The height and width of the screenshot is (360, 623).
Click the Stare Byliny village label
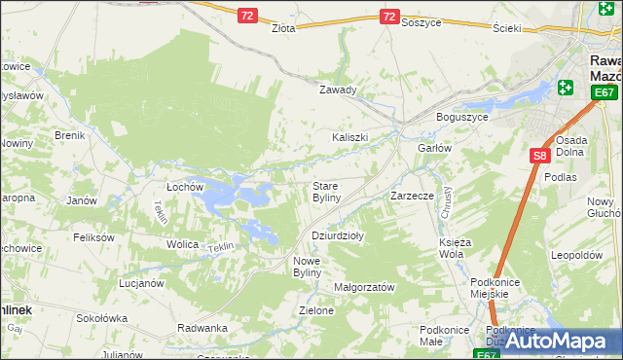pyautogui.click(x=325, y=191)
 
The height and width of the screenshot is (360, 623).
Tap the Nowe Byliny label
pyautogui.click(x=313, y=267)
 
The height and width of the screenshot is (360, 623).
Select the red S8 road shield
pyautogui.click(x=540, y=155)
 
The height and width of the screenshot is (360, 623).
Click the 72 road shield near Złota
pyautogui.click(x=248, y=16)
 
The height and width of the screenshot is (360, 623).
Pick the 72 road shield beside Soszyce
pyautogui.click(x=389, y=17)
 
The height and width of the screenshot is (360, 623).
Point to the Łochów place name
pyautogui.click(x=184, y=186)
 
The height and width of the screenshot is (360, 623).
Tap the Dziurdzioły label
pyautogui.click(x=337, y=235)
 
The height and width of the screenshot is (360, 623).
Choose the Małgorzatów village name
pyautogui.click(x=364, y=287)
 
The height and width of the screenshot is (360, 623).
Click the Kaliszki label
pyautogui.click(x=350, y=137)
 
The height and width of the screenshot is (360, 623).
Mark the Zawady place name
pyautogui.click(x=339, y=90)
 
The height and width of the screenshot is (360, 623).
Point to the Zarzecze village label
pyautogui.click(x=412, y=196)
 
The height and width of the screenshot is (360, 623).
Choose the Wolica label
pyautogui.click(x=182, y=244)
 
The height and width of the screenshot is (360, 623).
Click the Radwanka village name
pyautogui.click(x=202, y=327)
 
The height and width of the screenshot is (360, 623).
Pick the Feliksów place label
pyautogui.click(x=93, y=236)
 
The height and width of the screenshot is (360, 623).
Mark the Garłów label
pyautogui.click(x=435, y=148)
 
